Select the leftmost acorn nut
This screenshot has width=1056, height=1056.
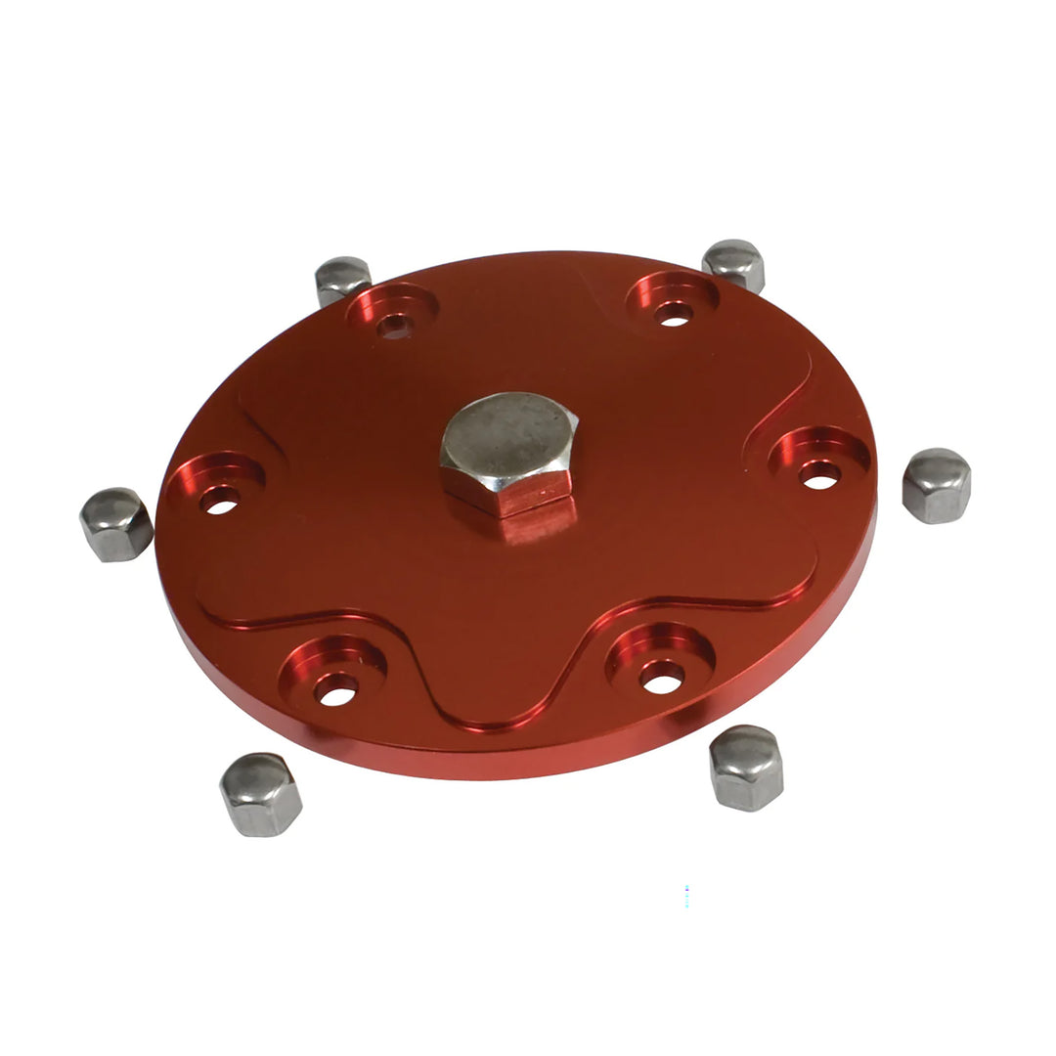[115, 524]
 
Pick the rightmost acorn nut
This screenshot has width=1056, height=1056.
[936, 485]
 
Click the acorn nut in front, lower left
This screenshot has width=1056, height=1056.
[260, 793]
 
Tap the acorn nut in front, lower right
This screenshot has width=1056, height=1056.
[747, 768]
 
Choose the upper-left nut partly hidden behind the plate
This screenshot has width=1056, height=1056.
[342, 278]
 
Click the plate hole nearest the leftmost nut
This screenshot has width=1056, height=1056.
[222, 505]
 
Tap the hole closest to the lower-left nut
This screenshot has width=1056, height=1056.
[336, 694]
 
